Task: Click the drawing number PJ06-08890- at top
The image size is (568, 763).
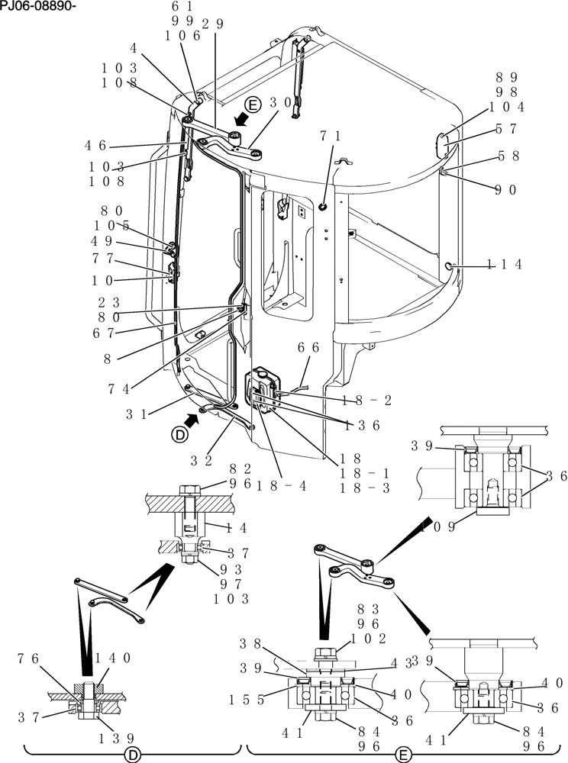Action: point(37,7)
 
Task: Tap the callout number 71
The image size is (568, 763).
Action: point(330,136)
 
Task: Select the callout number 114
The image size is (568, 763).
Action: point(505,264)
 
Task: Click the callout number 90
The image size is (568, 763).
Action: point(505,190)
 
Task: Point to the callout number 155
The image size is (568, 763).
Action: point(246,699)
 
